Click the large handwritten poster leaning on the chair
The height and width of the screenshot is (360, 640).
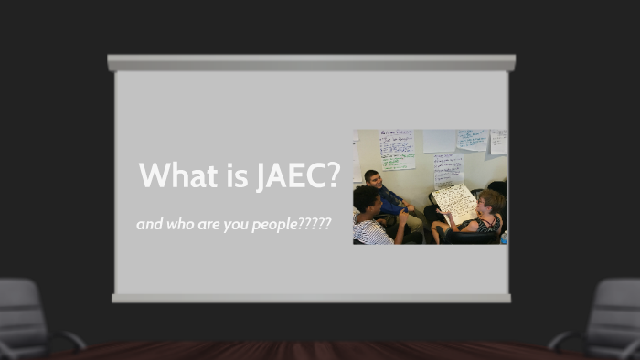453,201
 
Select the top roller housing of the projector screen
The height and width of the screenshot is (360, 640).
311,63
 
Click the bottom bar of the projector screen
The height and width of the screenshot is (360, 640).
311,298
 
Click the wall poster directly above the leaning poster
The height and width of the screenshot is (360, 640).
448,168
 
